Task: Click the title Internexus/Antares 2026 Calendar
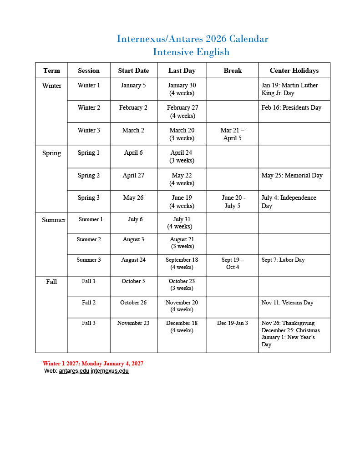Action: [193, 39]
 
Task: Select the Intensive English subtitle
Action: [191, 52]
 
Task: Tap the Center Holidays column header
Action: [294, 71]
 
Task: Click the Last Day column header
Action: [182, 71]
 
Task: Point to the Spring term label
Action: [51, 153]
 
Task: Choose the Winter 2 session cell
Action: [89, 108]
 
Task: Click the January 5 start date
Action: [133, 86]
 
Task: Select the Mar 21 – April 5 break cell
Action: [232, 134]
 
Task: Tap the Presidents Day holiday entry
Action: [291, 108]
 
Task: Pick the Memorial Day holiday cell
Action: [292, 176]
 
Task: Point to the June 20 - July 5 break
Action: [233, 202]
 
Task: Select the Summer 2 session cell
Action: [89, 239]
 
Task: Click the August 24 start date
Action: [133, 260]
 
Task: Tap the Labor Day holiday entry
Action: [283, 260]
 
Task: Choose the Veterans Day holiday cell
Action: [287, 303]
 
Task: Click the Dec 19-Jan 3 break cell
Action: [233, 324]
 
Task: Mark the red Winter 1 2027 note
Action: [93, 364]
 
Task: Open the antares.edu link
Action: [74, 371]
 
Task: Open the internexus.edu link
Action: [110, 371]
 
